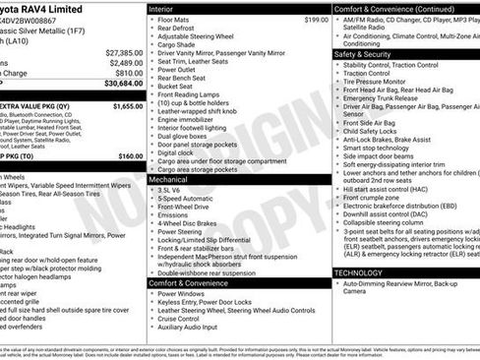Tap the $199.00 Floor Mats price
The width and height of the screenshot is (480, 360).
point(315,20)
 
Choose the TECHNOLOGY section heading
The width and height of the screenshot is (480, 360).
point(358,272)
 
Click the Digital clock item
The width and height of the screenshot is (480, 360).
point(179,152)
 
